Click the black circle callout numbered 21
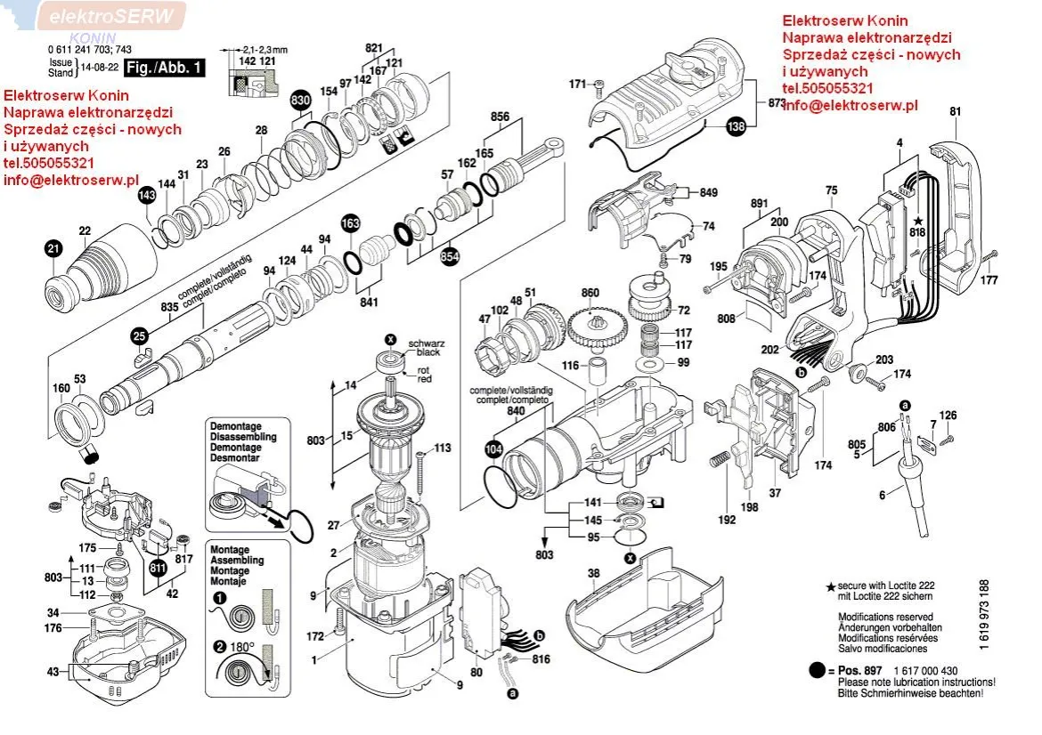[x=53, y=250]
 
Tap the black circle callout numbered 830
[x=301, y=101]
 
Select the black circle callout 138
[x=736, y=127]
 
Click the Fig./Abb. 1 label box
[x=164, y=68]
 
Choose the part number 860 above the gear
[x=590, y=293]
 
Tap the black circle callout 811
[x=159, y=566]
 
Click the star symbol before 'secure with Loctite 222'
[x=831, y=587]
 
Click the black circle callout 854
[x=451, y=254]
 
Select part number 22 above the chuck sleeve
[x=85, y=231]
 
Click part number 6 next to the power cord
[x=883, y=496]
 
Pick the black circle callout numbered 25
[x=139, y=335]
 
